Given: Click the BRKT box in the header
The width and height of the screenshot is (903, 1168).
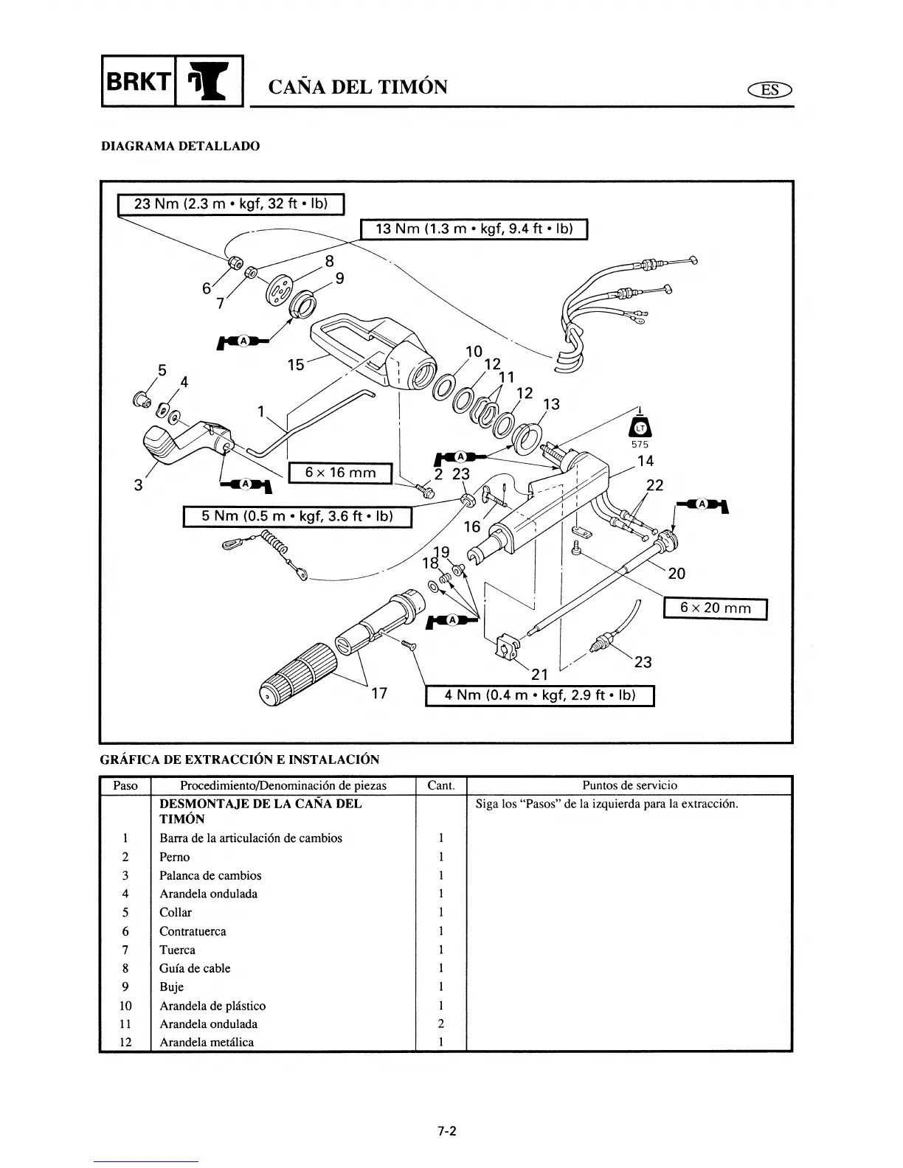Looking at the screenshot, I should (x=139, y=81).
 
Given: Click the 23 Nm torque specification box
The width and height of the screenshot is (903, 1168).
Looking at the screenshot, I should (x=232, y=203).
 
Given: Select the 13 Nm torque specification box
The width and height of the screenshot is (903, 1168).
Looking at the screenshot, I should (x=473, y=229).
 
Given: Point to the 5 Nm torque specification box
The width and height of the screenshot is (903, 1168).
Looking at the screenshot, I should (x=297, y=516).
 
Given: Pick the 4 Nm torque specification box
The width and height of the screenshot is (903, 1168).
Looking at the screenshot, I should (x=540, y=695).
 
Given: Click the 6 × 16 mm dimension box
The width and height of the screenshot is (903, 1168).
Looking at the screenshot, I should (x=340, y=472).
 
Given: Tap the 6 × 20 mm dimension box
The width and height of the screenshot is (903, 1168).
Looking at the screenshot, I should (x=716, y=608).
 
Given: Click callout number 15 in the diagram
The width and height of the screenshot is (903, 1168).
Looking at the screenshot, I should (x=296, y=364).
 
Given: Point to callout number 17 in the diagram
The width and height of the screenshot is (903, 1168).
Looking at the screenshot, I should (x=379, y=693).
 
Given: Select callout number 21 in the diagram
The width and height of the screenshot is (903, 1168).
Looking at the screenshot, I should (x=540, y=674).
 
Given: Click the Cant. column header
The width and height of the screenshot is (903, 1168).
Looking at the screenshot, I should (x=441, y=785).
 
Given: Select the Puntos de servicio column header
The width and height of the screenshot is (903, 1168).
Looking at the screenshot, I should (x=629, y=785).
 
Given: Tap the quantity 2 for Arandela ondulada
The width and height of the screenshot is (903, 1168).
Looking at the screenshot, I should (x=440, y=1023).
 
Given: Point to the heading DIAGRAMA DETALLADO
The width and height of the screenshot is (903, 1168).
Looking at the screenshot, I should (x=180, y=146).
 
